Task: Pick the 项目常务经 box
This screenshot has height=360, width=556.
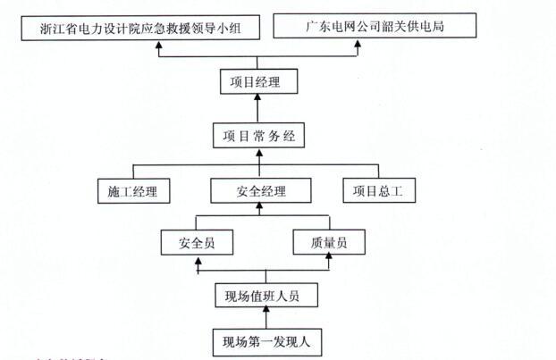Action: [x=259, y=136]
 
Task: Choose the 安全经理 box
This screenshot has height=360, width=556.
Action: [x=261, y=190]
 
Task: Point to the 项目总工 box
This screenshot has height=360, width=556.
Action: [x=379, y=190]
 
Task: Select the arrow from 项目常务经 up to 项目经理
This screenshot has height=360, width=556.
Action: [x=259, y=110]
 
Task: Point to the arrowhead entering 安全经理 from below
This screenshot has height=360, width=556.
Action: [x=261, y=207]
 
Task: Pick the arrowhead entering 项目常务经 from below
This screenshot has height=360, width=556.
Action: [x=259, y=154]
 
